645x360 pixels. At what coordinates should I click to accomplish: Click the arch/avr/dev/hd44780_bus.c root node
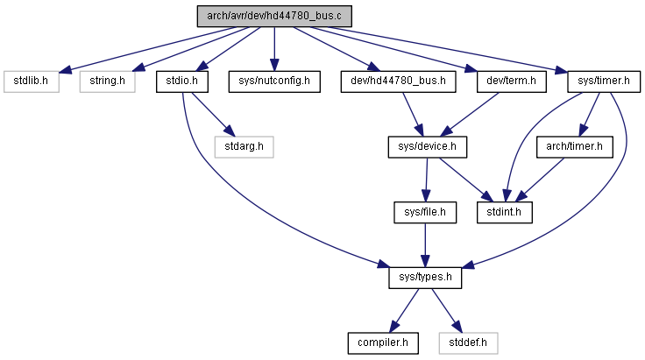coord(274,17)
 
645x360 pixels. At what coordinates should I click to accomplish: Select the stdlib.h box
coord(32,81)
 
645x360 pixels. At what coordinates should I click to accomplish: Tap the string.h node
coord(108,81)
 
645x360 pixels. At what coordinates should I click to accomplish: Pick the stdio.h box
coord(181,81)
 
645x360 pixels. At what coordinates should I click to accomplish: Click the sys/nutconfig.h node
coord(274,81)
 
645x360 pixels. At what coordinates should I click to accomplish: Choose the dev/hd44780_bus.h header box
coord(398,81)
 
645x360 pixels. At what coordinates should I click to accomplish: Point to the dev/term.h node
coord(511,81)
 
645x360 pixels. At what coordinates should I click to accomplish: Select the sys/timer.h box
coord(604,81)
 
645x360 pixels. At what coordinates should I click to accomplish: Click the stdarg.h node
coord(244,146)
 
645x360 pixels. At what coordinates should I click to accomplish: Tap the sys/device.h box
coord(428,146)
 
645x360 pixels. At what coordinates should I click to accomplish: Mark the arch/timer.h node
coord(574,146)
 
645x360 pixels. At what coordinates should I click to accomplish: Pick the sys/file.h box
coord(425,213)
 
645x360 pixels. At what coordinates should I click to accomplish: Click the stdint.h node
coord(504,213)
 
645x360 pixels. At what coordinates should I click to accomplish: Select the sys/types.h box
coord(425,278)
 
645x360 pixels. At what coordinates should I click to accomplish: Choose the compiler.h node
coord(383,343)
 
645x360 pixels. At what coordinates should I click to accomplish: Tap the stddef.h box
coord(468,343)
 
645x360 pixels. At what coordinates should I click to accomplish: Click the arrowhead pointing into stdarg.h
coord(230,131)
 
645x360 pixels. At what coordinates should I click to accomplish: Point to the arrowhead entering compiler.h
coord(393,327)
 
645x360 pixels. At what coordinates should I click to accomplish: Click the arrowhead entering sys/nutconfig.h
coord(274,65)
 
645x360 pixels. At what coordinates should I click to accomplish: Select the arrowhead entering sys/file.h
coord(426,195)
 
